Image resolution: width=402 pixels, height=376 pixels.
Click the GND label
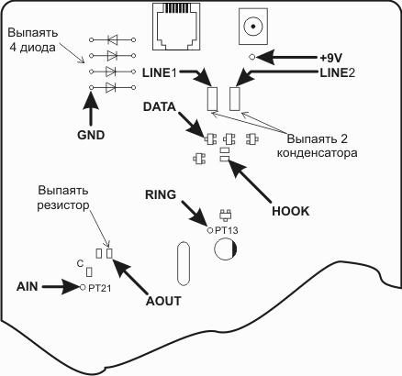[x=91, y=135]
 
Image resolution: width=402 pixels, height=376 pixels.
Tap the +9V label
[x=331, y=58]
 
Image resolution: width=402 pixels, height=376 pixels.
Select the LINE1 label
[x=160, y=73]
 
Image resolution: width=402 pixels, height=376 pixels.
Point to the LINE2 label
[x=338, y=73]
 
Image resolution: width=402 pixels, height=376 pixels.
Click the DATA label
[x=160, y=106]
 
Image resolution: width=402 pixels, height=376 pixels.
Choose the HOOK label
[x=291, y=211]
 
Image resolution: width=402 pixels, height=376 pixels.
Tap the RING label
[x=161, y=194]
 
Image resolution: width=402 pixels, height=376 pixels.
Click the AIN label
[x=28, y=287]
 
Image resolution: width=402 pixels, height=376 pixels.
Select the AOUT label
[x=163, y=301]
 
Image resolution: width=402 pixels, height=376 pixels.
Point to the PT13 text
[x=226, y=230]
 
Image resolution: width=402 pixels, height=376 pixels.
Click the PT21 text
[x=100, y=288]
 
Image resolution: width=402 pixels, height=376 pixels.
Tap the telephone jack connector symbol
[x=176, y=27]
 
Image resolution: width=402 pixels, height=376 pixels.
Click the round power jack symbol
[x=253, y=26]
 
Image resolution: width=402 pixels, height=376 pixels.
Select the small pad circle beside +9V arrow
[x=252, y=57]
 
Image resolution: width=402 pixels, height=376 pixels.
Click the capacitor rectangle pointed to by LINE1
[x=212, y=98]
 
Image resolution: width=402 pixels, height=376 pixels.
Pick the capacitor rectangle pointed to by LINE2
[x=235, y=98]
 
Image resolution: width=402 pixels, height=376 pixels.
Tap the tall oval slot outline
[x=177, y=263]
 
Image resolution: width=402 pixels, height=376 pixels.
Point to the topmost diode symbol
[x=112, y=39]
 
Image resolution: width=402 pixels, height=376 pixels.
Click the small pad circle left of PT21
[x=82, y=287]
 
